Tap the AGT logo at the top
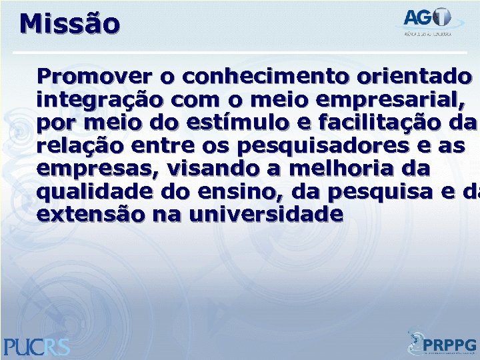tap(427, 21)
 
